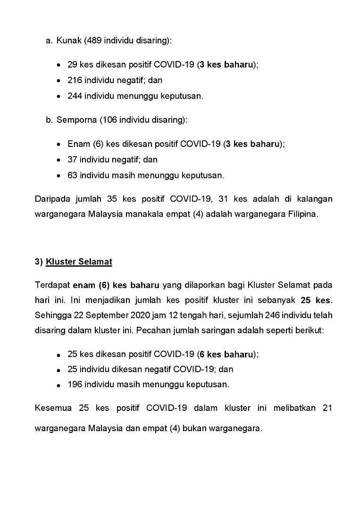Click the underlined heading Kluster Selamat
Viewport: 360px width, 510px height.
79,262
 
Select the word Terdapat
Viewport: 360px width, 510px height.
52,285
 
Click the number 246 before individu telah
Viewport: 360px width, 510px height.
270,315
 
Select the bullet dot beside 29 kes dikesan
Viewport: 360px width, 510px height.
58,65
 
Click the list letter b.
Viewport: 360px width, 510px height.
49,120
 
